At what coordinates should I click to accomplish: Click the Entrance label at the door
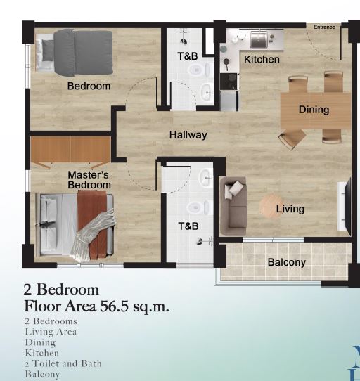pos(324,27)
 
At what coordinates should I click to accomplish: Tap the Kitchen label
pos(262,60)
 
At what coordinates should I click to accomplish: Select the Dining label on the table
pos(314,110)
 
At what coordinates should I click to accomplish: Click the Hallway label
pos(188,135)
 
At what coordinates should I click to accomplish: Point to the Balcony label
pos(287,262)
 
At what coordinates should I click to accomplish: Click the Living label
pos(290,209)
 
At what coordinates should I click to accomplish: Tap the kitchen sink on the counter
pos(259,40)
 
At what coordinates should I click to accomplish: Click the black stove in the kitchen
pos(229,82)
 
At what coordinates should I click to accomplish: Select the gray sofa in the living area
pos(233,206)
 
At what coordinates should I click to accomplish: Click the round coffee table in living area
pos(270,206)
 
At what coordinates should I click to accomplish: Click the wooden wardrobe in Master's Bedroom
pos(71,149)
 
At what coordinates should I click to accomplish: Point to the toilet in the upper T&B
pos(198,70)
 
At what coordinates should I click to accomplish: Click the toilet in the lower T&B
pos(198,208)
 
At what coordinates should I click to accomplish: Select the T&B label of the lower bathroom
pos(188,226)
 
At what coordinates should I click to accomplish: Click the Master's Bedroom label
pos(89,180)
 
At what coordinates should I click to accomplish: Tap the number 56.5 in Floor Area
pos(114,306)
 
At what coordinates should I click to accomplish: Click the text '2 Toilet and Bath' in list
pos(63,363)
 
